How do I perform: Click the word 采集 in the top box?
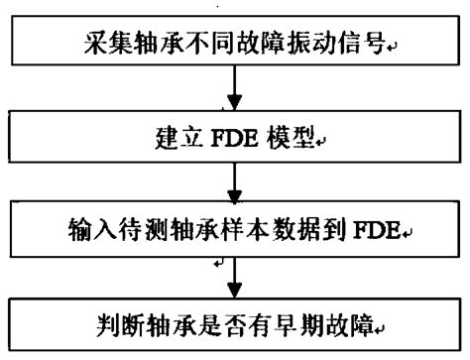coord(106,45)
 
